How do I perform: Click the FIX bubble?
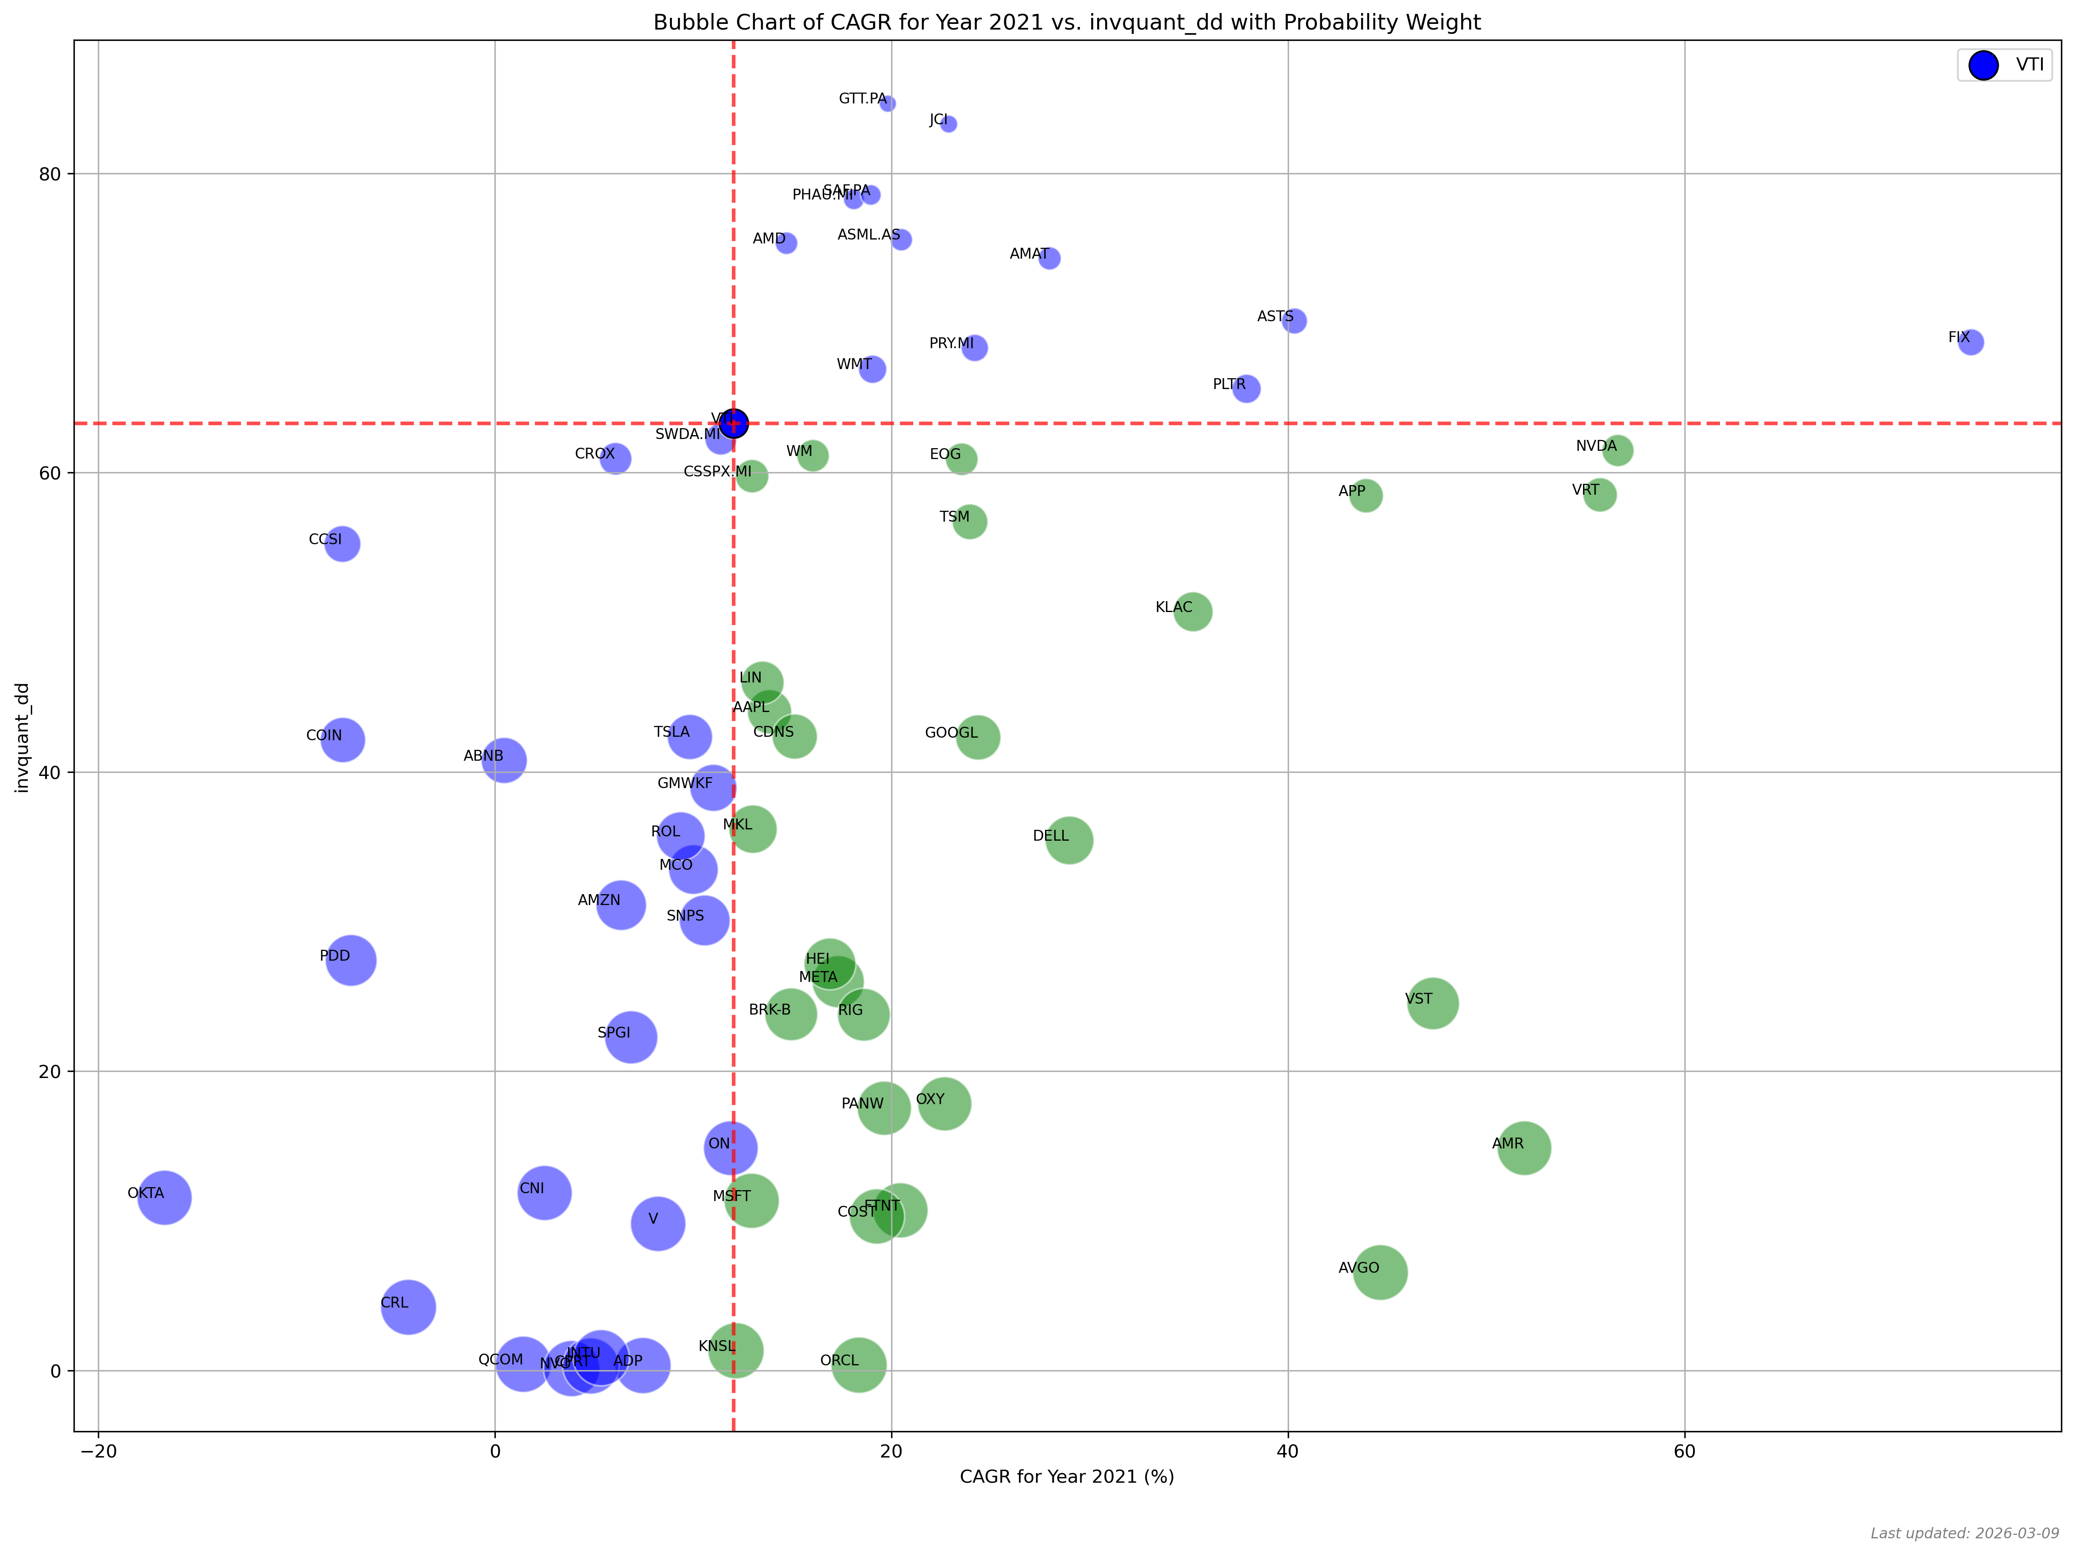click(1971, 342)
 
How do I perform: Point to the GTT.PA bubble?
click(887, 103)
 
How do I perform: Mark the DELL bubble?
click(1069, 840)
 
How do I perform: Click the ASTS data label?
click(1274, 317)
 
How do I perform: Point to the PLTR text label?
click(1228, 384)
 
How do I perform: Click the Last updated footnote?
click(1964, 1534)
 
